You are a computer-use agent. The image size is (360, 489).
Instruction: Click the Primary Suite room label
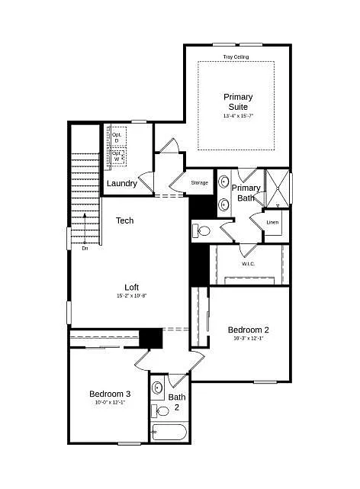coord(238,101)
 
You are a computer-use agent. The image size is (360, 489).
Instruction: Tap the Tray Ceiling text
coord(236,57)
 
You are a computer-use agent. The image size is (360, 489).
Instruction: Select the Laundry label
coord(122,184)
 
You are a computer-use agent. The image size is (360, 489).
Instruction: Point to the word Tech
coord(124,220)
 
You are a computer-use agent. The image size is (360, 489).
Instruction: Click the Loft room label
coord(131,288)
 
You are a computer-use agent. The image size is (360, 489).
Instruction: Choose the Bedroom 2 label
coord(248,330)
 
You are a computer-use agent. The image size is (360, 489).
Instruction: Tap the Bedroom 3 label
coord(111,394)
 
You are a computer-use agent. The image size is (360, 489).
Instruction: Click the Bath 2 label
coord(177,401)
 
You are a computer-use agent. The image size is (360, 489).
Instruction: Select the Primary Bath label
coord(246,192)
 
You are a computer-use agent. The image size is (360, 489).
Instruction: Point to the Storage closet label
coord(199,183)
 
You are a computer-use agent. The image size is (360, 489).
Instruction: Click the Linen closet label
coord(272,223)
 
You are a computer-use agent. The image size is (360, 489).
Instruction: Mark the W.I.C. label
coord(249,264)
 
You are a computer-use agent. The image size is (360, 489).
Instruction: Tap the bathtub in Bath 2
coord(169,433)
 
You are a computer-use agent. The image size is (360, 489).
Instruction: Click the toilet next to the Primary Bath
coord(203,230)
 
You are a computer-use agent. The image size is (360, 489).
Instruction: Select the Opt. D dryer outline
coord(117,137)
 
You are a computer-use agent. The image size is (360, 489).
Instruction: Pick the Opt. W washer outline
coord(117,156)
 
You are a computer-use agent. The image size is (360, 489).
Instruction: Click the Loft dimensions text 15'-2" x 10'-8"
coord(131,295)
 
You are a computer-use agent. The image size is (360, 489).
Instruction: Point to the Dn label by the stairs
coord(85,248)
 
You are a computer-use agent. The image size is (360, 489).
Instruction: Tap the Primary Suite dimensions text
coord(238,116)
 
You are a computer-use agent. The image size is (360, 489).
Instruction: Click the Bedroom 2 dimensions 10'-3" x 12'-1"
coord(248,338)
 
